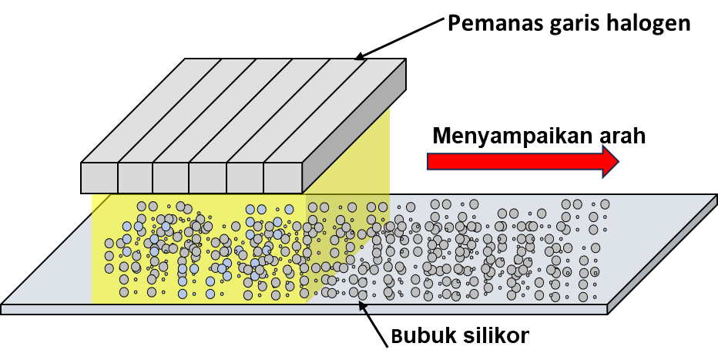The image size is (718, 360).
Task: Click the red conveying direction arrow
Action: coord(516,161)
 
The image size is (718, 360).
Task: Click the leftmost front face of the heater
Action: coord(99,177)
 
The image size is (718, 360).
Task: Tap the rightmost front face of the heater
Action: coord(283,177)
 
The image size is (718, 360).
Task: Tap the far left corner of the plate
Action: coord(4,305)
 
